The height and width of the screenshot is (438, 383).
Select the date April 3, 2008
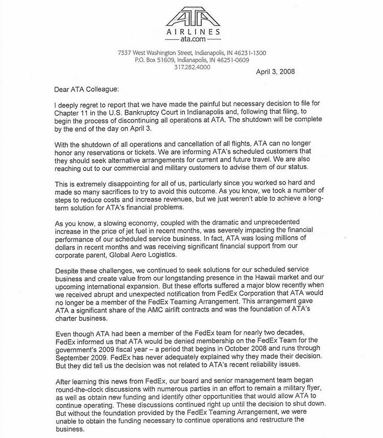coord(275,71)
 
